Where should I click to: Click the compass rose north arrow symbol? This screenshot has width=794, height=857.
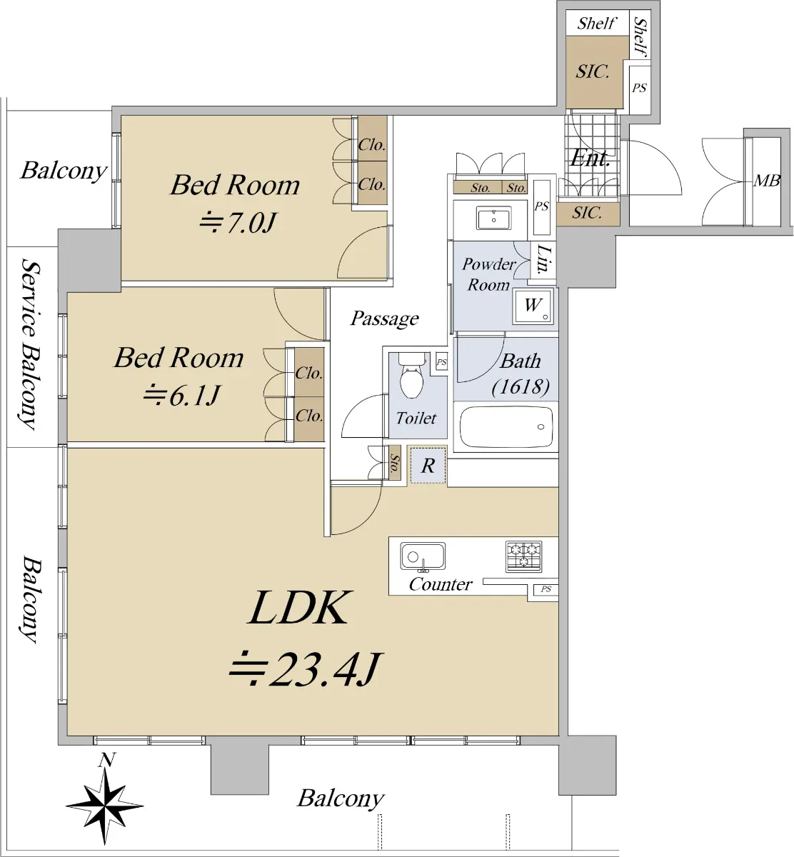click(105, 804)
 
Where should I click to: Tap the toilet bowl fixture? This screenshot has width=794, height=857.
click(412, 376)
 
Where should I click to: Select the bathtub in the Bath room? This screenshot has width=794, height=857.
click(506, 428)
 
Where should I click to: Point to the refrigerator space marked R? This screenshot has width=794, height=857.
click(428, 466)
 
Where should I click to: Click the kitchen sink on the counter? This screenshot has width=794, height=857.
click(423, 556)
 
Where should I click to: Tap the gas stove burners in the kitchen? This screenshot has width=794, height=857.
click(523, 556)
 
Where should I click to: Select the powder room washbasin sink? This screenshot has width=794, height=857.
click(493, 219)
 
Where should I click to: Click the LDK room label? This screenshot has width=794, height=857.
click(298, 608)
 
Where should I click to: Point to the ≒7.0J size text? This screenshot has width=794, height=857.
click(237, 223)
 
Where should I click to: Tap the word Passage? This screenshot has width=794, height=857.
click(384, 319)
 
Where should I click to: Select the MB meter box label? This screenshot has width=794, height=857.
click(766, 181)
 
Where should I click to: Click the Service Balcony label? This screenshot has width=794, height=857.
click(30, 344)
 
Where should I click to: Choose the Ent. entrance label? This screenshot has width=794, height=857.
click(590, 158)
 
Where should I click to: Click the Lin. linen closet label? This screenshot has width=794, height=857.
click(543, 259)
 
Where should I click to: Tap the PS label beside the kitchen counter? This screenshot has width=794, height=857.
click(546, 589)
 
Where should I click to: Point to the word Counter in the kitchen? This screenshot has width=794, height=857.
click(440, 584)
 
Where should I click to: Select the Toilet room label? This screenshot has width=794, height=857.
click(416, 418)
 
